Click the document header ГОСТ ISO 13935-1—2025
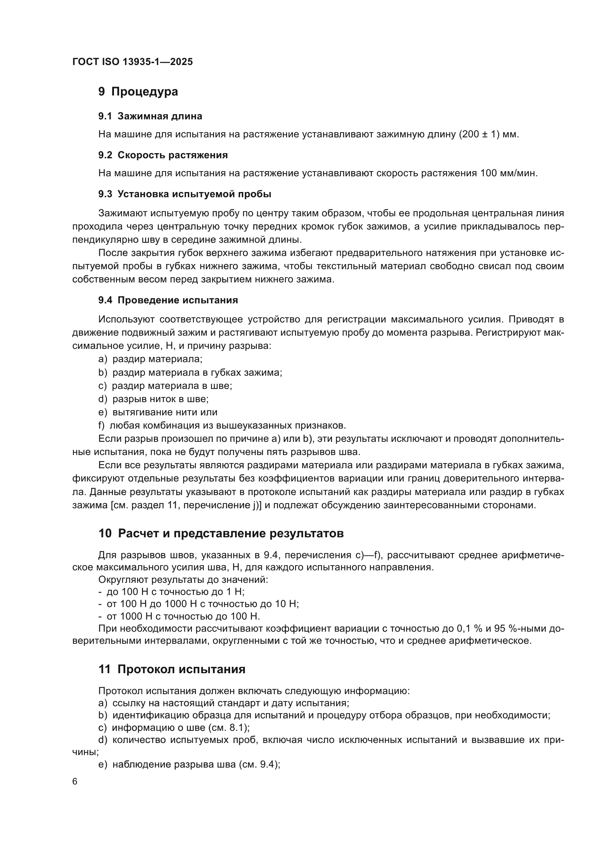pyautogui.click(x=133, y=62)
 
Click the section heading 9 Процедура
pyautogui.click(x=138, y=92)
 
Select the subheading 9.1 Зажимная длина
pyautogui.click(x=150, y=116)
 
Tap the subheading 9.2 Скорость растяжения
pyautogui.click(x=163, y=155)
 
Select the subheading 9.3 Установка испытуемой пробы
pyautogui.click(x=185, y=194)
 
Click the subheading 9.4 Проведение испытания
pyautogui.click(x=168, y=300)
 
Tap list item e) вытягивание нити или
pyautogui.click(x=158, y=412)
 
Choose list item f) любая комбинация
pyautogui.click(x=222, y=426)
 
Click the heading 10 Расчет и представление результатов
pyautogui.click(x=221, y=534)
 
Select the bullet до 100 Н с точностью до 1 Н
pyautogui.click(x=171, y=592)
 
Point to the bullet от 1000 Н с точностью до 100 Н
pyautogui.click(x=179, y=616)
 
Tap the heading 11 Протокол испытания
pyautogui.click(x=172, y=669)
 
